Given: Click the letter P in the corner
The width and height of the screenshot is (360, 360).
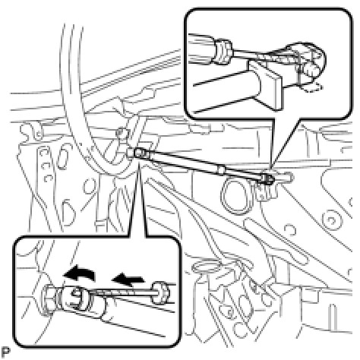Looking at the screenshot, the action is [x=5, y=352].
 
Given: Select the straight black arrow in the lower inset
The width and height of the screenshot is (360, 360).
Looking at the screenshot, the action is [x=128, y=279].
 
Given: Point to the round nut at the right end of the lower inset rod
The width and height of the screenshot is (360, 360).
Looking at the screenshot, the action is [x=159, y=292].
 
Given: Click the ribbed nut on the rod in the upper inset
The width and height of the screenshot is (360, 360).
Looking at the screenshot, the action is [x=223, y=52].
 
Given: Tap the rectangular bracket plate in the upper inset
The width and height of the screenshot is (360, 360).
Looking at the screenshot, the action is [x=266, y=85].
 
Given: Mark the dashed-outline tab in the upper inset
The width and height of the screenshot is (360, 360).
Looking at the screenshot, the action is [x=313, y=87].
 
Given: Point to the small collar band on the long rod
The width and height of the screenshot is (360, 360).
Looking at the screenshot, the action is [x=221, y=169].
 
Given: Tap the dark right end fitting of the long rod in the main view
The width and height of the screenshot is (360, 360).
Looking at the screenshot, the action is [x=267, y=179].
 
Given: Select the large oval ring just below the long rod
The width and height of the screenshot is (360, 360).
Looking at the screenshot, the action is [x=235, y=194].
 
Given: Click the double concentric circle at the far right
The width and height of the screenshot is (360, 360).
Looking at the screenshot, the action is [x=330, y=219].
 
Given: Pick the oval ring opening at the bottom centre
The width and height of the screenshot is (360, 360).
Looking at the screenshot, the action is [x=206, y=267].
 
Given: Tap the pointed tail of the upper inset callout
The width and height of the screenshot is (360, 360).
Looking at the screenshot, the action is [x=270, y=169].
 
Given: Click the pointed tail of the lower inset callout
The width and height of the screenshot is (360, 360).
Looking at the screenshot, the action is [x=138, y=164].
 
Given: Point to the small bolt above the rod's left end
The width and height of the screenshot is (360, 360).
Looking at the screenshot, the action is [x=121, y=132].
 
